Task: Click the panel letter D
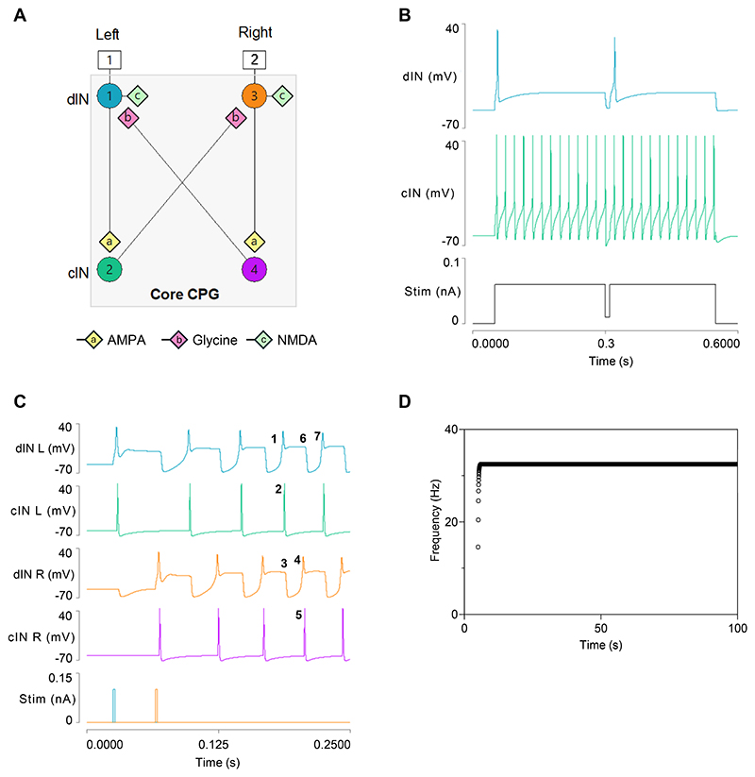coord(406,402)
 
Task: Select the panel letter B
coord(405,15)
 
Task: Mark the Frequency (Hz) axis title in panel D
coord(435,522)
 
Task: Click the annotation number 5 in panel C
coord(298,616)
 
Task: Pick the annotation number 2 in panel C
coord(278,489)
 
